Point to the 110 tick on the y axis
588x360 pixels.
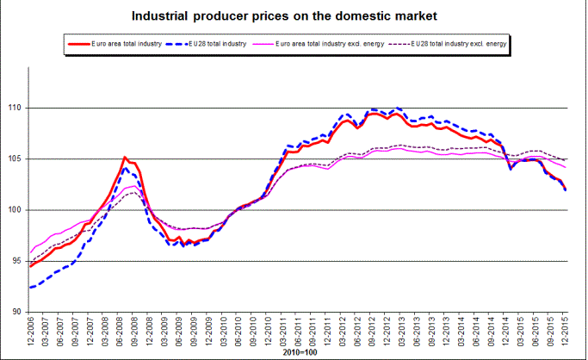(16, 109)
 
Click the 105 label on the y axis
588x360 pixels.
(16, 159)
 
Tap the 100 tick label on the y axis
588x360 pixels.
(16, 210)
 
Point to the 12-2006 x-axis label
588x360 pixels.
(31, 332)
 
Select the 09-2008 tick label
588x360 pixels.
(135, 332)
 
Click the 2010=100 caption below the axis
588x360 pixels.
(298, 353)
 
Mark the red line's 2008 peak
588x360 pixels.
(126, 158)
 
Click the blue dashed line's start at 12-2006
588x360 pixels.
(31, 287)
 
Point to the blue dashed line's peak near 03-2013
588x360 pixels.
(397, 109)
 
